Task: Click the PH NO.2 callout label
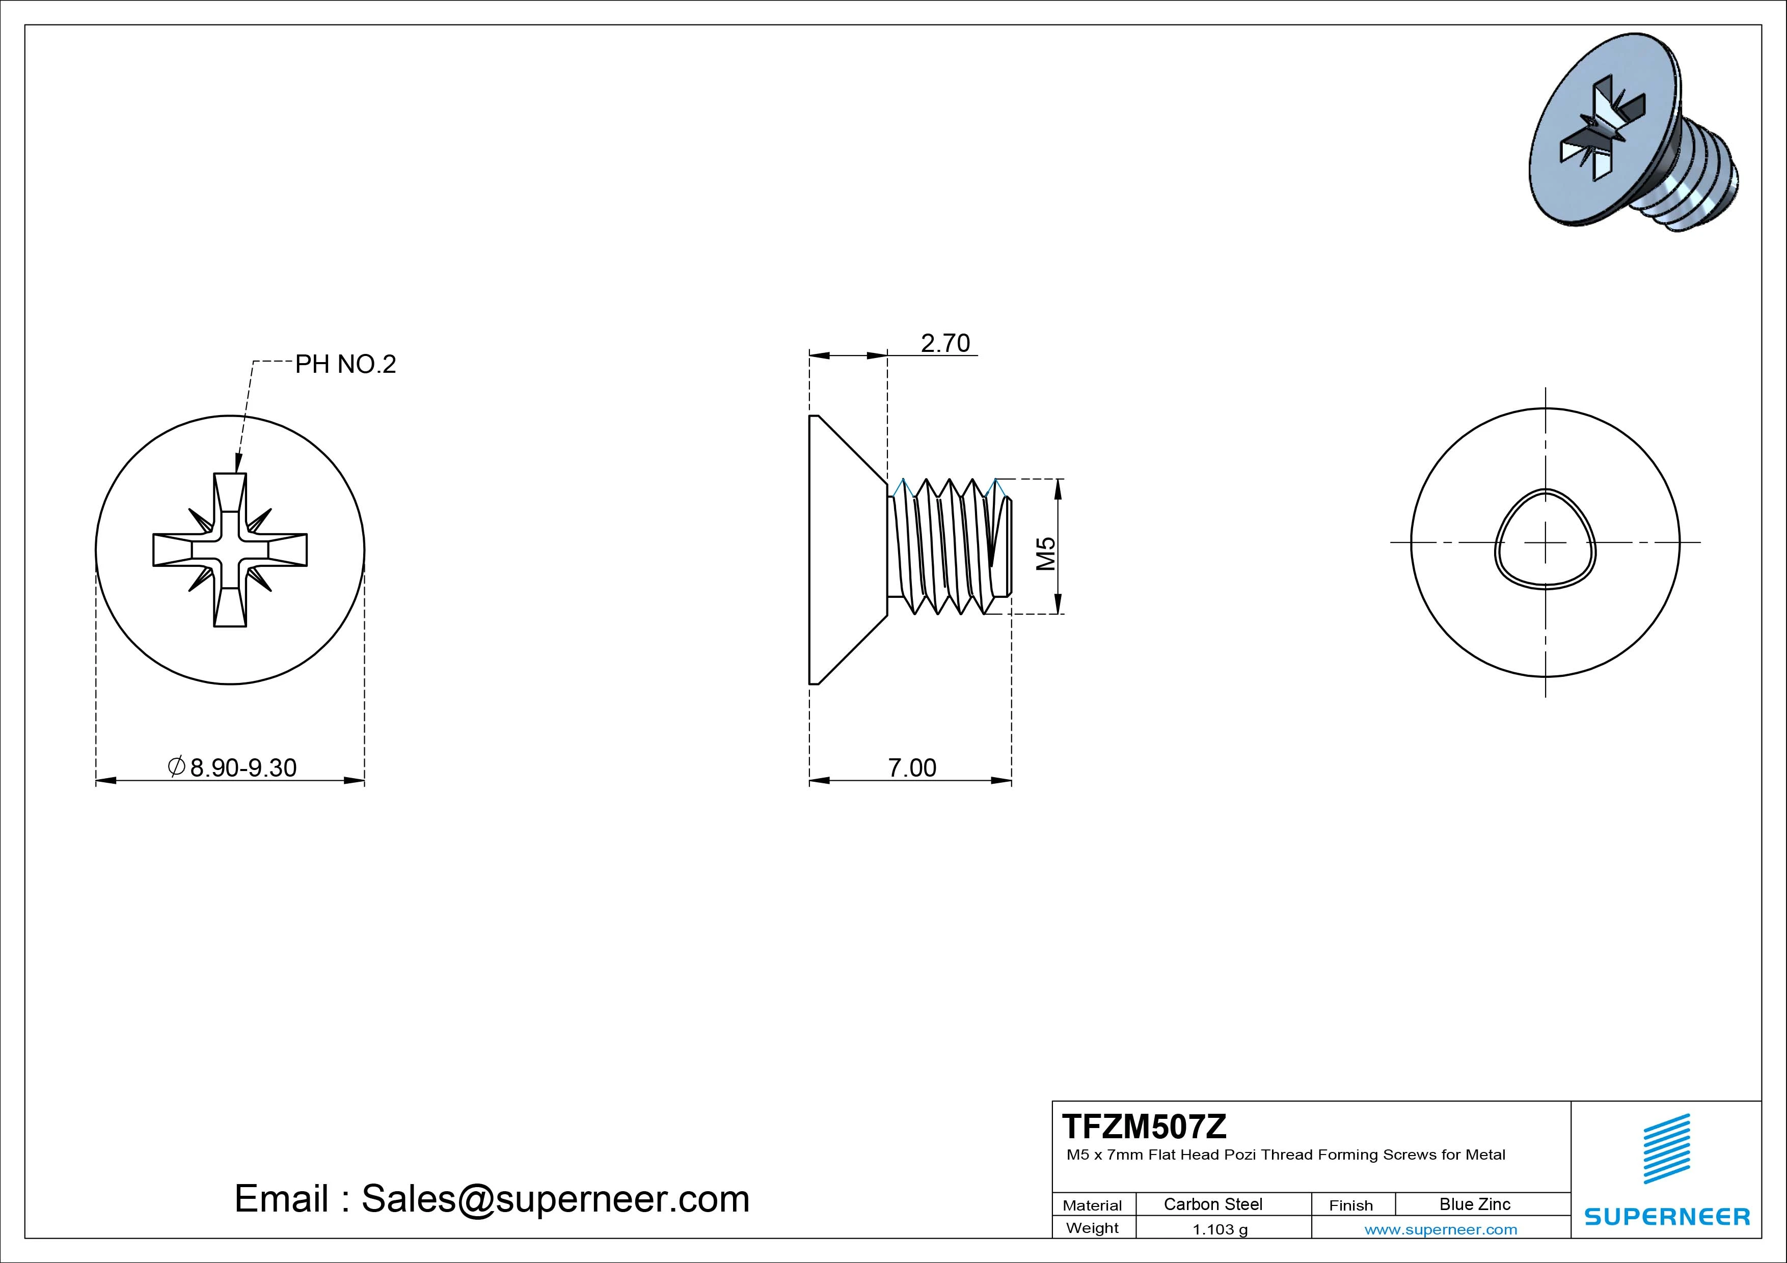345,364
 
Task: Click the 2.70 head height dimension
945,343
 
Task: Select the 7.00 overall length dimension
912,768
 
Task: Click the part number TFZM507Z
1144,1126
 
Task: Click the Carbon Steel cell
1212,1204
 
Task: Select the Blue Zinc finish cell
1474,1204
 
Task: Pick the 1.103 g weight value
1220,1229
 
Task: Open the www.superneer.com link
1441,1229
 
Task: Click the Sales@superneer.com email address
555,1199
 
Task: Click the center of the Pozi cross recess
230,550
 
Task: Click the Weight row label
1092,1228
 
